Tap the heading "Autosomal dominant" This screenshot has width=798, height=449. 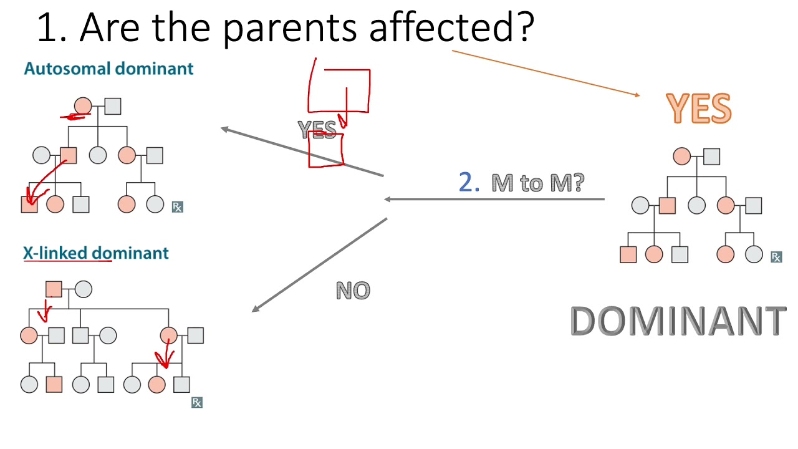click(108, 69)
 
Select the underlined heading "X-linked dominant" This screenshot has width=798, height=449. click(96, 253)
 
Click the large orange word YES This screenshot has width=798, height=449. click(698, 109)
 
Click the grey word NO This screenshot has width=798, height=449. click(353, 290)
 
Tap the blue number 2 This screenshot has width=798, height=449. click(468, 182)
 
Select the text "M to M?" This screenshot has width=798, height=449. click(537, 183)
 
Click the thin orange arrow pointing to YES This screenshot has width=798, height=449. click(546, 73)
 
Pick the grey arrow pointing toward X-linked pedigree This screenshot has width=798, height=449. click(319, 264)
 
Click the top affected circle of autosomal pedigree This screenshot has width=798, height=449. click(83, 107)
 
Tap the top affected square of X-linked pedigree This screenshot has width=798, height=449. click(54, 289)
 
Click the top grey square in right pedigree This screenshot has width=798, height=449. click(711, 157)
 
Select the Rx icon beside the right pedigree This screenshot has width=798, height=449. click(776, 257)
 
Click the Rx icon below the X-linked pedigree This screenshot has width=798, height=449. click(197, 402)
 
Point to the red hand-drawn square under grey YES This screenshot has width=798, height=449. click(326, 150)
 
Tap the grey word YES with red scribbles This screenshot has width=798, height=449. click(317, 130)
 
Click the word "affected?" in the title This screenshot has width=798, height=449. click(451, 28)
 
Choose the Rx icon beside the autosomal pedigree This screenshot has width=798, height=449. click(178, 206)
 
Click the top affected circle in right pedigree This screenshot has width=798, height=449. click(682, 157)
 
